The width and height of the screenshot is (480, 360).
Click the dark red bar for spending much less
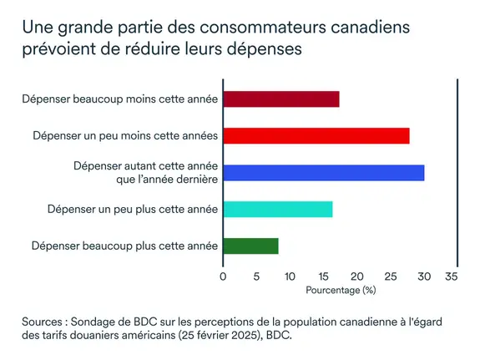click(x=281, y=99)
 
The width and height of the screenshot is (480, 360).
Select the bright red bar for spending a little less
click(x=316, y=136)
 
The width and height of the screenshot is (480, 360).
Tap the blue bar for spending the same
click(x=324, y=173)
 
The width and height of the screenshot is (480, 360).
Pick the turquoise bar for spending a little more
click(x=278, y=209)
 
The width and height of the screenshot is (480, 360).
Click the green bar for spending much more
click(x=250, y=246)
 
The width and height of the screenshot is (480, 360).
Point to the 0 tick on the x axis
click(x=223, y=276)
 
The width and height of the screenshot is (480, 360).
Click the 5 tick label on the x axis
click(x=256, y=276)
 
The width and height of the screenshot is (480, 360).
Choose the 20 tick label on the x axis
click(x=356, y=276)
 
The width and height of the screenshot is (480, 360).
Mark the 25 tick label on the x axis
click(x=391, y=276)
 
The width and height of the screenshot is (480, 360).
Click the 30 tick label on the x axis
click(x=424, y=276)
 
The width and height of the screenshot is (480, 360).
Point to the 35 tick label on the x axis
click(x=452, y=276)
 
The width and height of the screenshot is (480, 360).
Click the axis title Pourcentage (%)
click(x=341, y=290)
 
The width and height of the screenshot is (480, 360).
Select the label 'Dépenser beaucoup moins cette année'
click(x=120, y=99)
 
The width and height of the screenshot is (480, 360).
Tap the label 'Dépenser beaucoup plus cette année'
click(x=124, y=246)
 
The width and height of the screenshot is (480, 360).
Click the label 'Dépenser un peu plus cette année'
click(x=133, y=209)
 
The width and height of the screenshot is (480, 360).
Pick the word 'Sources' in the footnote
click(x=45, y=322)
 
